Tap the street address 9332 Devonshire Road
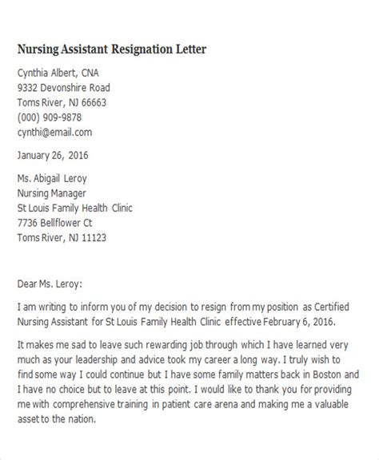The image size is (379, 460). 64,88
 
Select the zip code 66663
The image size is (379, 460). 92,102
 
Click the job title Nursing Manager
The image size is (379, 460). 54,193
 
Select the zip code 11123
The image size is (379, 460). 92,238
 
